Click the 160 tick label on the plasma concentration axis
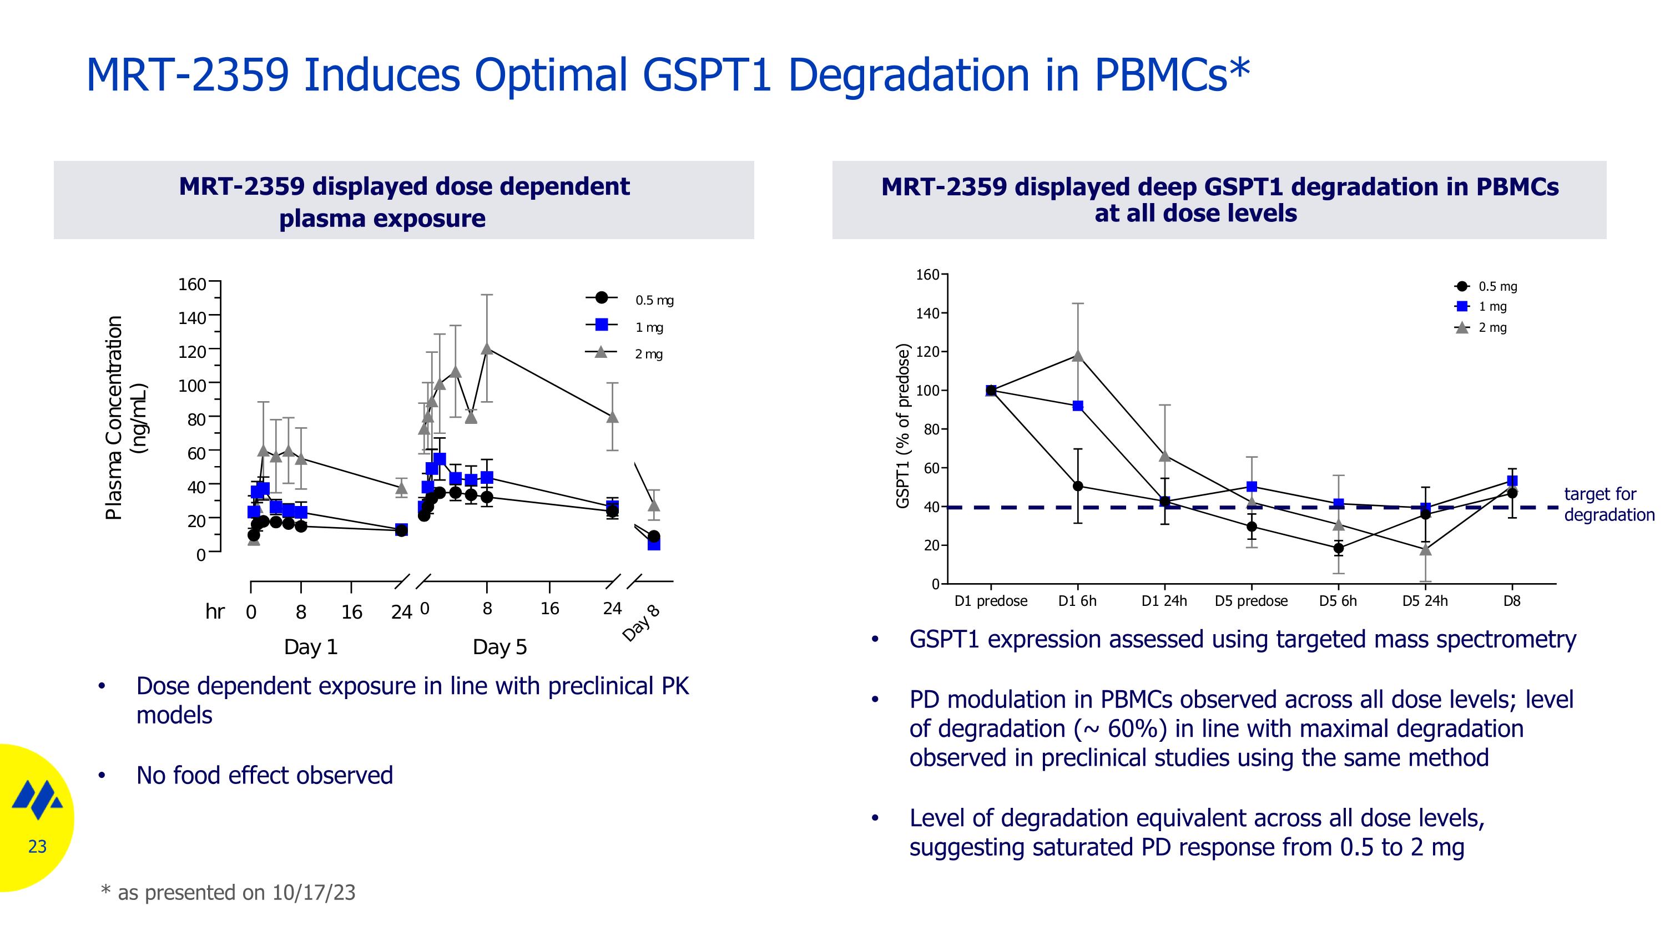(192, 284)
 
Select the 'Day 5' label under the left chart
(500, 646)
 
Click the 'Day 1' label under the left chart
(311, 646)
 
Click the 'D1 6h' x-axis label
(1077, 601)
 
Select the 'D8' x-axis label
(1511, 601)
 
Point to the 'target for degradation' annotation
(1608, 504)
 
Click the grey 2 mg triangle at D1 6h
(1077, 355)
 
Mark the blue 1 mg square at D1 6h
(1077, 406)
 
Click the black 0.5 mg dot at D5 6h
(1338, 548)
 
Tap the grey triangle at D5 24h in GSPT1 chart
(1425, 550)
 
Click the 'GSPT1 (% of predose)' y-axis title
(903, 426)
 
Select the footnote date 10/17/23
(314, 893)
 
